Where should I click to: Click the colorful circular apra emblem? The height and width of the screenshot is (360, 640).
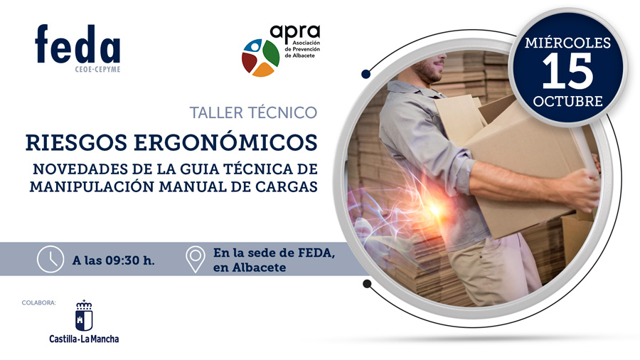click(260, 57)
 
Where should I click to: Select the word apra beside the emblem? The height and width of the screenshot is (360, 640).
click(295, 33)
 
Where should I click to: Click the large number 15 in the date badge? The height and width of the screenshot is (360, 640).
click(567, 70)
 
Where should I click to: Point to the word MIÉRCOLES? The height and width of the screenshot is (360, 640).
click(567, 43)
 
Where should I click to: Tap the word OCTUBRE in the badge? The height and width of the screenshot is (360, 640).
click(567, 100)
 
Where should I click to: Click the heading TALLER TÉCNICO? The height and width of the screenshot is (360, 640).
click(253, 112)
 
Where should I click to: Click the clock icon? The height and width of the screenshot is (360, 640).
click(50, 259)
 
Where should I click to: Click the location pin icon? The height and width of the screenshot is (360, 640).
click(195, 259)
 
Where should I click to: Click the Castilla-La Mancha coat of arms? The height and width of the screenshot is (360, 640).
click(84, 316)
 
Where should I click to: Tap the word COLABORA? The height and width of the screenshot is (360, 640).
click(39, 303)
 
